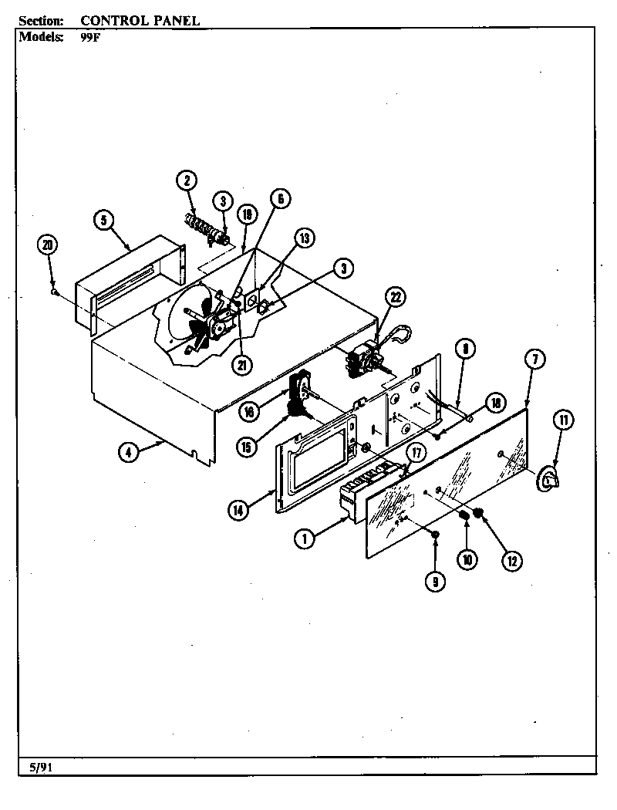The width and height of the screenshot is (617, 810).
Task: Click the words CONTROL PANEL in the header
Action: point(140,21)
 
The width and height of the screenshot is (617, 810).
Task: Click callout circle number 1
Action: point(305,539)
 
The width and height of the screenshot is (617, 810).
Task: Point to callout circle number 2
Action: point(185,181)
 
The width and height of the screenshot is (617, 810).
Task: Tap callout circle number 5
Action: point(103,220)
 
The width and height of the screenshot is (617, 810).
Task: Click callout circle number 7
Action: point(536,358)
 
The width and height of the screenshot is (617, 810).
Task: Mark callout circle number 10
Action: point(467,559)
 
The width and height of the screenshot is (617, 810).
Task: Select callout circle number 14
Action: point(239,508)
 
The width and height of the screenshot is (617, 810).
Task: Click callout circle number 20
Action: point(49,245)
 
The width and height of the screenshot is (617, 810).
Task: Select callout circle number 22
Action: point(395,298)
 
